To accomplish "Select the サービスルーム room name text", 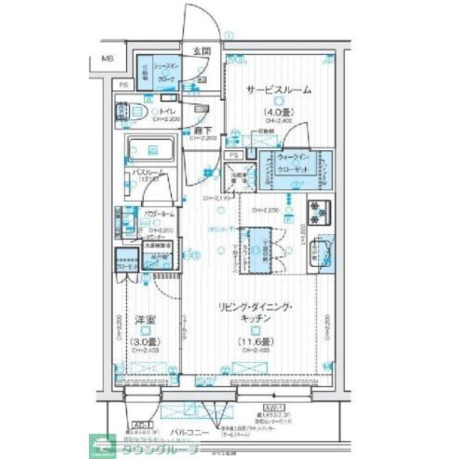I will (279, 90).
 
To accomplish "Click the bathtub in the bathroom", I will (152, 150).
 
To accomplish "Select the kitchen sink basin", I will (321, 251).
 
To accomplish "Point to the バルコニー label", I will (189, 432).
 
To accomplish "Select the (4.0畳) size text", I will (278, 111).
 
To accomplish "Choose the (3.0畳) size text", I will (145, 341).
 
